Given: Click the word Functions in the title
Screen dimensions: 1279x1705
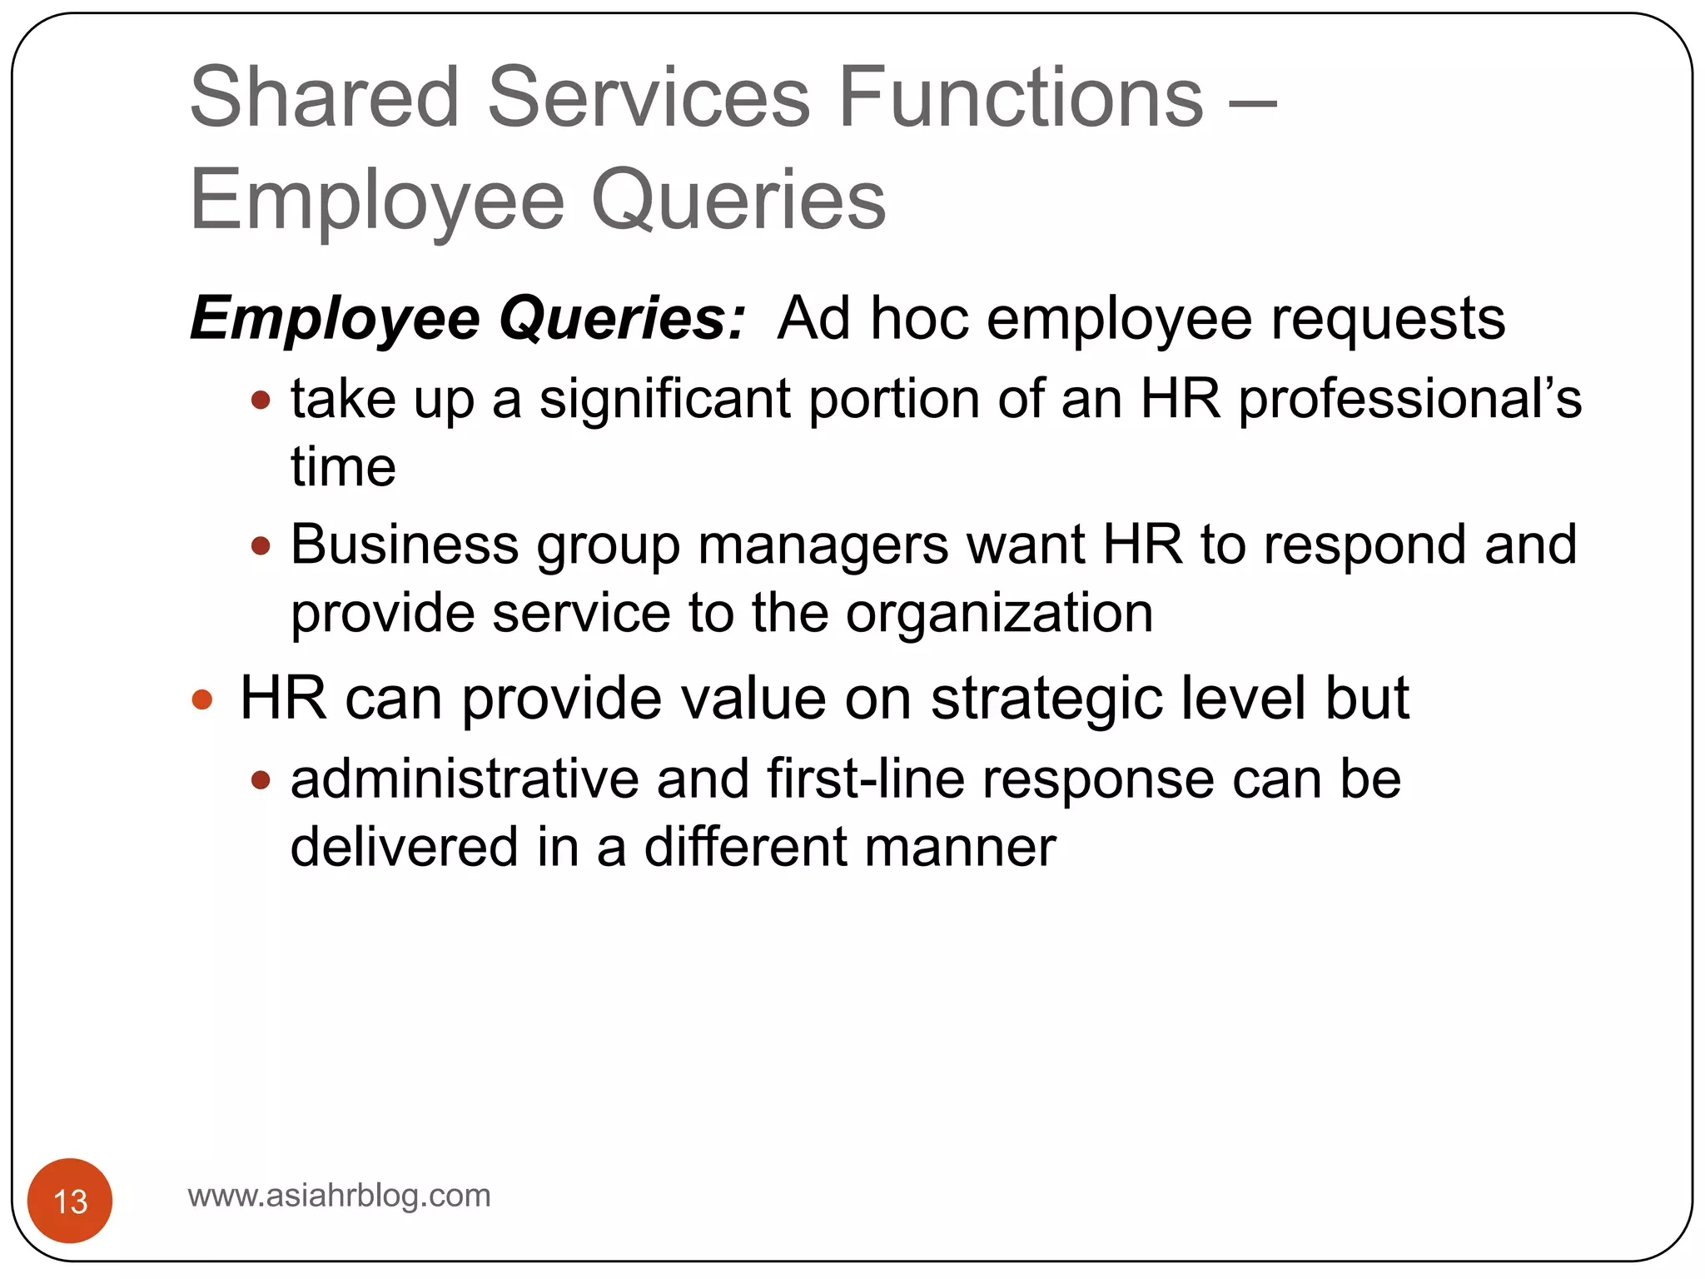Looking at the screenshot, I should tap(1022, 97).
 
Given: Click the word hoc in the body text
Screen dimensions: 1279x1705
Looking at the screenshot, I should tap(919, 318).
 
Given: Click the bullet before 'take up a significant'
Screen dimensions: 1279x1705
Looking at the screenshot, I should tap(261, 401).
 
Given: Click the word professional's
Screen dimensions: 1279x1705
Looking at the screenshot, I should tap(1410, 400).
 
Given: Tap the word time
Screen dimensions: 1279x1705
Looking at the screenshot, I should tap(343, 467).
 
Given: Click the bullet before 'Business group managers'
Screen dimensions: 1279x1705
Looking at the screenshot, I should tap(261, 546).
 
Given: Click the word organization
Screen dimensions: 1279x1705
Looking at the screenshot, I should tap(999, 615).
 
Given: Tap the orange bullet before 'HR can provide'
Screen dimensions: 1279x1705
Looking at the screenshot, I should tap(202, 699).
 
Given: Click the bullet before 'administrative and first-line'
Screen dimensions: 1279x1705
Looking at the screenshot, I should tap(261, 780).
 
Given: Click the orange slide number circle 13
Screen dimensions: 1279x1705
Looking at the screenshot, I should tap(70, 1200).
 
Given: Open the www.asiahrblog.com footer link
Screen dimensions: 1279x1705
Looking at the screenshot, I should tap(340, 1196).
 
